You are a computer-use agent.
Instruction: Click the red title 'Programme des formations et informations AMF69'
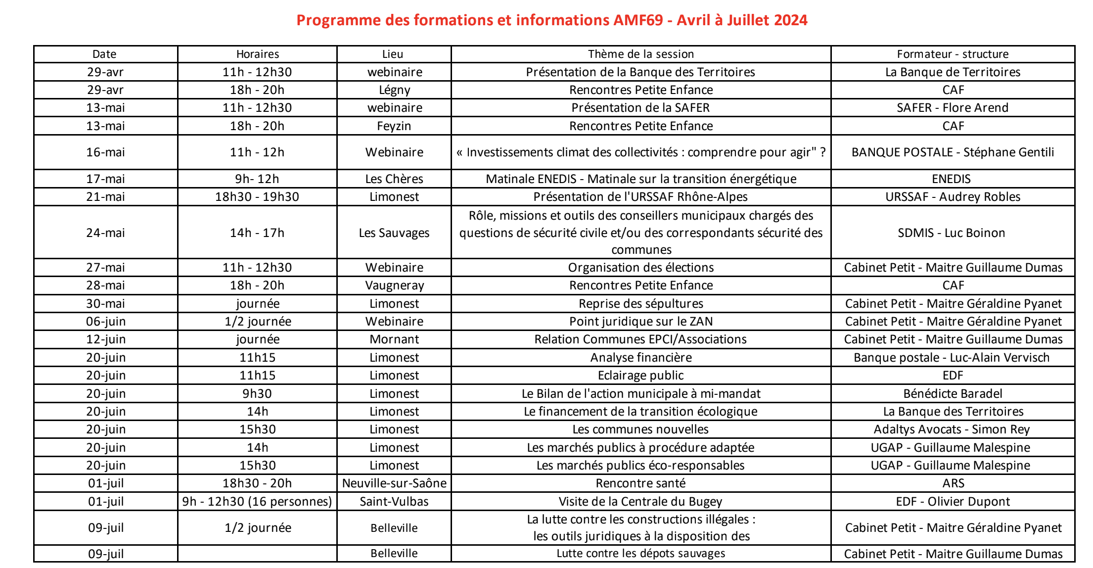tap(551, 20)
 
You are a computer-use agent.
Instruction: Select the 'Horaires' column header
tap(257, 54)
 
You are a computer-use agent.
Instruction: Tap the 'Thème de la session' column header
tap(640, 54)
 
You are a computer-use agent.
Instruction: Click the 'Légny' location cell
tap(394, 90)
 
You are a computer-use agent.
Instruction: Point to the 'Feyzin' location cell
tap(394, 126)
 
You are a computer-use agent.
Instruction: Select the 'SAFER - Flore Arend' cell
tap(952, 108)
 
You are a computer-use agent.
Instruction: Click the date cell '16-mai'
tap(105, 152)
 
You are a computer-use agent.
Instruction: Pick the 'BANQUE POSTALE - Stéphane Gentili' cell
tap(952, 152)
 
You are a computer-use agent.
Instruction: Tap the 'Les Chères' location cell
tap(394, 179)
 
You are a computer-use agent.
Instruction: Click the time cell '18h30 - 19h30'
tap(257, 197)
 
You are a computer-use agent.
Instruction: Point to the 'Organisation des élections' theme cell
tap(640, 268)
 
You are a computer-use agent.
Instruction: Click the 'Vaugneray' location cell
tap(394, 285)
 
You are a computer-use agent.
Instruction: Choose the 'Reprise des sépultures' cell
tap(640, 304)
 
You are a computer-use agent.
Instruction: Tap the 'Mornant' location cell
tap(394, 339)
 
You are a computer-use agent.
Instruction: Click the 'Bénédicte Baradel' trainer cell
tap(953, 394)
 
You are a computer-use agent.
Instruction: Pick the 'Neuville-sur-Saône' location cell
tap(394, 483)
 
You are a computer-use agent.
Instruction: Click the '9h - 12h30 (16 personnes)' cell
tap(257, 502)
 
